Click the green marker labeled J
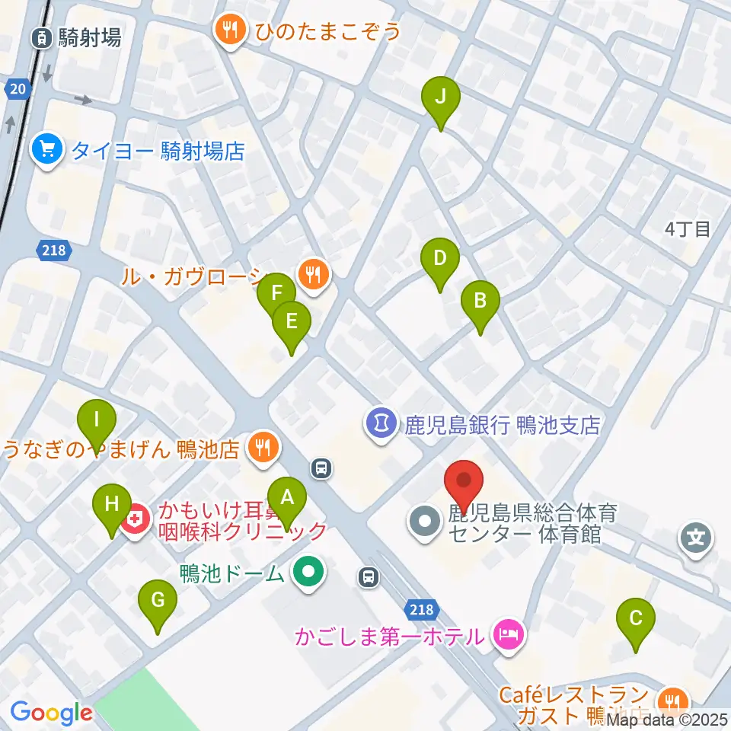click(x=441, y=97)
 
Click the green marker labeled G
click(x=158, y=601)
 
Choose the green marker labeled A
click(x=287, y=499)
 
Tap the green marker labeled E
click(x=291, y=322)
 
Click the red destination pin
click(x=464, y=482)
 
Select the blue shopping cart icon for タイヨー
click(x=48, y=148)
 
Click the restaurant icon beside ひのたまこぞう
click(x=231, y=31)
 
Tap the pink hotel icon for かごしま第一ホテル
click(x=508, y=634)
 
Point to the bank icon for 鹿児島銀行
click(x=381, y=423)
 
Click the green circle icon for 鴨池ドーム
click(x=308, y=572)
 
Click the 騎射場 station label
click(x=89, y=37)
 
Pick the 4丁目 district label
click(x=687, y=229)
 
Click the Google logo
click(x=51, y=713)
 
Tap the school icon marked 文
click(x=697, y=538)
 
